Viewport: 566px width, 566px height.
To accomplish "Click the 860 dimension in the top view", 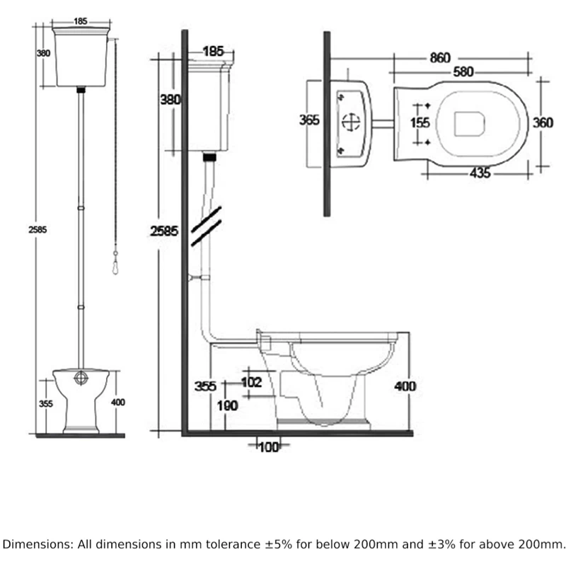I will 439,58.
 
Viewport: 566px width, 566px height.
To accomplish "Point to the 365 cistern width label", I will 310,120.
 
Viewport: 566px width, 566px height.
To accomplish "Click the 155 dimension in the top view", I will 420,122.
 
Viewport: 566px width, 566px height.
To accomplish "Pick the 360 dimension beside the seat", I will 543,122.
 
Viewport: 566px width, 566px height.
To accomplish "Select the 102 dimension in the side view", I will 251,383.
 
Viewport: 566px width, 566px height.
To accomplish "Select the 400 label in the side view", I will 405,386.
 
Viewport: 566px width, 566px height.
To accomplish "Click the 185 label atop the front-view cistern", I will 80,21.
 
